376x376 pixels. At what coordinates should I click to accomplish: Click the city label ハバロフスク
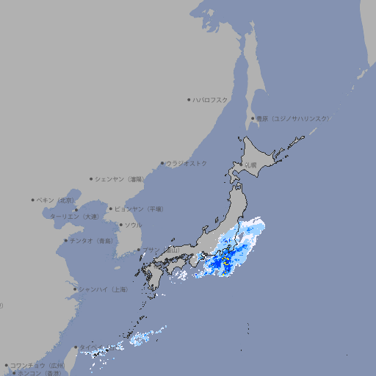tap(211, 99)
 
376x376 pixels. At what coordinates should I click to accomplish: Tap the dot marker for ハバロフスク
tap(189, 99)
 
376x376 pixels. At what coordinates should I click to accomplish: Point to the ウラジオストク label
tap(187, 163)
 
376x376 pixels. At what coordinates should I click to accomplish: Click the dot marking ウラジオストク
tap(162, 163)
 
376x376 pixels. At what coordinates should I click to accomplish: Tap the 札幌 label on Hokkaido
tap(251, 165)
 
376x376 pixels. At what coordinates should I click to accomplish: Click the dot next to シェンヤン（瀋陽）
tap(91, 178)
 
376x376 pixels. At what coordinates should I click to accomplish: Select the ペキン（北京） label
tap(56, 200)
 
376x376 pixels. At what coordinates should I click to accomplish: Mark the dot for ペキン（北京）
tap(33, 200)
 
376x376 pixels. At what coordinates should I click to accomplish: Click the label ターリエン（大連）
tap(74, 217)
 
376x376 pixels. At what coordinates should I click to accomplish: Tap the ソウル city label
tap(133, 225)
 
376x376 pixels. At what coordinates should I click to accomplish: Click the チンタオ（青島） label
tap(91, 240)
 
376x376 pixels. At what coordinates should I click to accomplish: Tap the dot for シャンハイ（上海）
tap(75, 289)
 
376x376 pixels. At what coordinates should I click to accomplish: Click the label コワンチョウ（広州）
tap(37, 365)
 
